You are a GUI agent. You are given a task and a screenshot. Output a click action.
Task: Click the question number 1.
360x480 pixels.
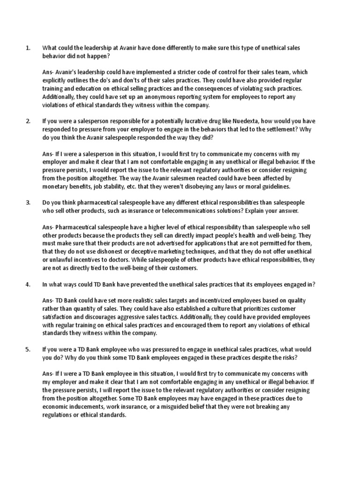coord(28,48)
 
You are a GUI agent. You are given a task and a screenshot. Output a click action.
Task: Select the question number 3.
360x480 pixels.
coord(28,202)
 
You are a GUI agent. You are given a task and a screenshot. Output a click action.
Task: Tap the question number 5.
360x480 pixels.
coord(28,349)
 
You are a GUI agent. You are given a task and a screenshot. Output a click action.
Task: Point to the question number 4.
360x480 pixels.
coord(28,284)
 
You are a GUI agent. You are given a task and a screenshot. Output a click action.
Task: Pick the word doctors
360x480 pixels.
coord(110,260)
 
